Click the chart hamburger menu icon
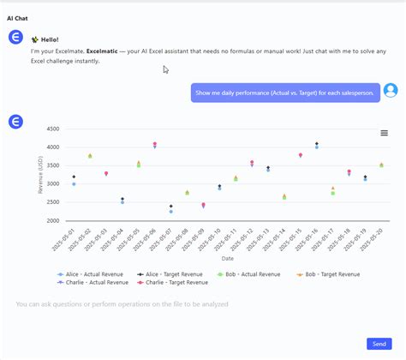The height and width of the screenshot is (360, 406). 384,133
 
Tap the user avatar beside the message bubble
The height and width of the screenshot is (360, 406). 391,91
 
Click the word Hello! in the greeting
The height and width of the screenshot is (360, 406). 51,39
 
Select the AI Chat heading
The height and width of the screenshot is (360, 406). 18,18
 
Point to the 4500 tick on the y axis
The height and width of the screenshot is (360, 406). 51,129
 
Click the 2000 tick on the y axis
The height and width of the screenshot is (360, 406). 51,221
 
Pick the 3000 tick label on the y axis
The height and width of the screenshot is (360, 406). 51,184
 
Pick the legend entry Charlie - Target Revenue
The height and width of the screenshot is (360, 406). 176,282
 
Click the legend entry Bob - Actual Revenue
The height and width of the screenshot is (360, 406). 256,274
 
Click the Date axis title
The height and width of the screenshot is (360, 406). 227,258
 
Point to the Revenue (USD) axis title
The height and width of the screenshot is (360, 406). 40,176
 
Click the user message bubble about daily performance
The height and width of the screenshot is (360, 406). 285,93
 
